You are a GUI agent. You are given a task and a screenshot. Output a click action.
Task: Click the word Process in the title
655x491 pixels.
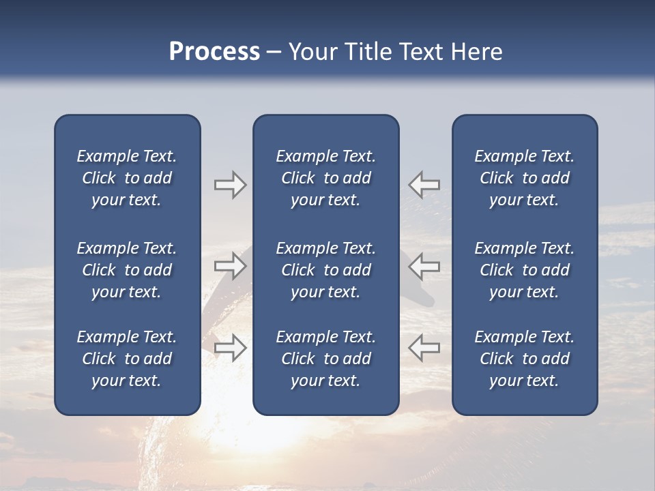(214, 52)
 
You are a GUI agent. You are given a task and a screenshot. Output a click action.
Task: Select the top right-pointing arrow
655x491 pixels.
(230, 185)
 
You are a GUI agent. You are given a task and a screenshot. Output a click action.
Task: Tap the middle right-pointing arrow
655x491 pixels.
(230, 265)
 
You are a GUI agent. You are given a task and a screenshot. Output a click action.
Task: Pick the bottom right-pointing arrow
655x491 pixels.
(230, 348)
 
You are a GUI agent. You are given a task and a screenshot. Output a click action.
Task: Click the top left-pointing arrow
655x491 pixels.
(424, 184)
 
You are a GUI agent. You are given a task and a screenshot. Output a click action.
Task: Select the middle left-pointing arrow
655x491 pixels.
(424, 265)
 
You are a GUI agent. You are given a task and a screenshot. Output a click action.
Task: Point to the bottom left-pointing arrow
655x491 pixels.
(424, 347)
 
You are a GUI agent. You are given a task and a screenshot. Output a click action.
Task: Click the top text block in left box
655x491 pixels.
(127, 178)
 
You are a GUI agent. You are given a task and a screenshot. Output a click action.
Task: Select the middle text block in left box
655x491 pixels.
(127, 270)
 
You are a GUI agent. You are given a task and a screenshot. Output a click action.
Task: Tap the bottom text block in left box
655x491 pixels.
(127, 359)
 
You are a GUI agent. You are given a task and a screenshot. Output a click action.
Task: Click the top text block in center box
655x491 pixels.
(325, 178)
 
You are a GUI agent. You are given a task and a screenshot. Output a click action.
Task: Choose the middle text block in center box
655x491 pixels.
(325, 270)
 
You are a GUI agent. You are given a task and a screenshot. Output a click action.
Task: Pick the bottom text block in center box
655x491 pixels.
(325, 359)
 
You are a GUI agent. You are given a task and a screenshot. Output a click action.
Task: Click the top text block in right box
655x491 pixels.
(524, 178)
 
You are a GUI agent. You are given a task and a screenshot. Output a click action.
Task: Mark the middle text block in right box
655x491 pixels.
(524, 270)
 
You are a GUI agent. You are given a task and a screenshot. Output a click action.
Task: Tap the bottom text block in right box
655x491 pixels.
(524, 359)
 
